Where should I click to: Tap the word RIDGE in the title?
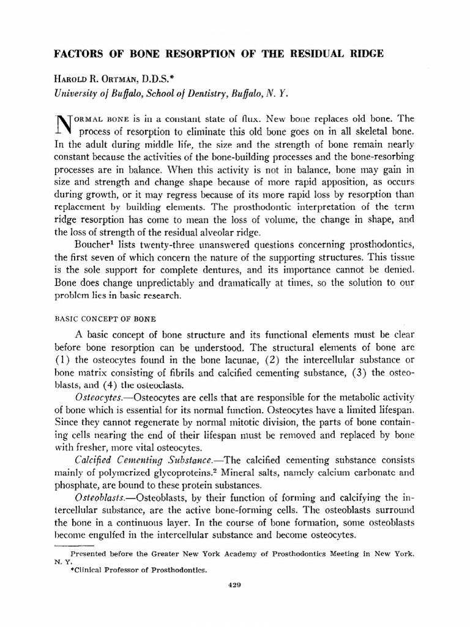point(364,54)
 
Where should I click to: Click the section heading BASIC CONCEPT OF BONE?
point(106,319)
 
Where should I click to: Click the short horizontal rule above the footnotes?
point(73,543)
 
